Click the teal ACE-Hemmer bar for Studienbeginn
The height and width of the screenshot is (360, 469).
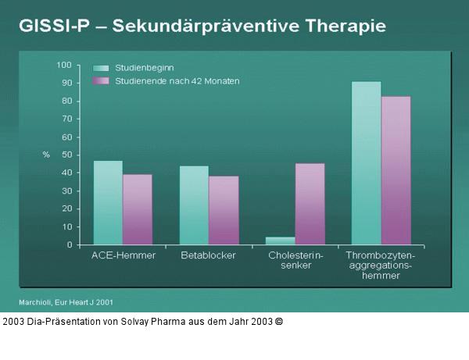108,203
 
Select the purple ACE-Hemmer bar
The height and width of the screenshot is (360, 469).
138,209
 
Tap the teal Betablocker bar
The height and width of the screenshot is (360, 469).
194,205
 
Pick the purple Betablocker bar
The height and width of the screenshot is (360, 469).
224,210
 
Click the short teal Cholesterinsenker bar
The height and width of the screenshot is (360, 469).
281,241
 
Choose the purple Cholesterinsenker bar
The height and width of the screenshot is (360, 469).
310,204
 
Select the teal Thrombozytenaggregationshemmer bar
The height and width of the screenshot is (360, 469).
367,163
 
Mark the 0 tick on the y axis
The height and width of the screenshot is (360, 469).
70,244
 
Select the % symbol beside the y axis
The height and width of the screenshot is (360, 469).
46,155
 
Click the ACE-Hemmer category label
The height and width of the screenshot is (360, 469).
124,255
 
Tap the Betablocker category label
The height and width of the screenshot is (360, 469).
209,255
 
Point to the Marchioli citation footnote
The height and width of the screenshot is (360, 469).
66,301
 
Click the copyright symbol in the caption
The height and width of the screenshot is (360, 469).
279,321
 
